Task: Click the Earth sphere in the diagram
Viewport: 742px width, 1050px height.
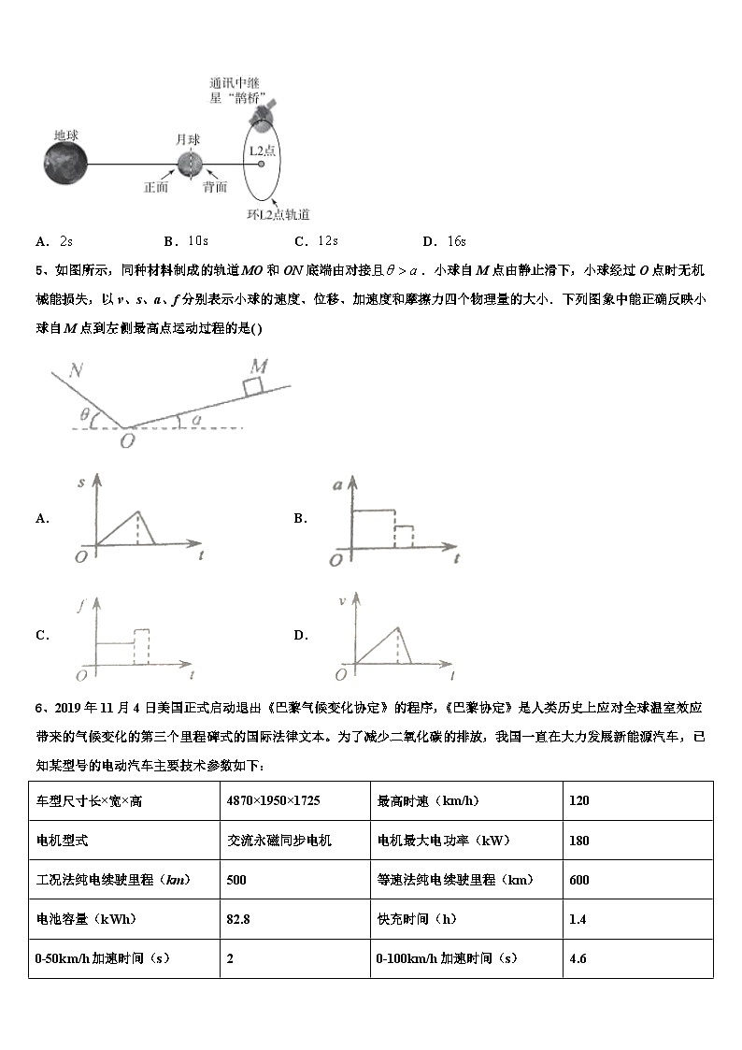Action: [x=65, y=163]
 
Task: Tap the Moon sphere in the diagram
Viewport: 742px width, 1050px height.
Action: [x=190, y=164]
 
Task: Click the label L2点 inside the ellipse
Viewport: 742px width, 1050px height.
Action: [x=262, y=150]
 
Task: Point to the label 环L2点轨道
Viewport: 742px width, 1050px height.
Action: [x=278, y=214]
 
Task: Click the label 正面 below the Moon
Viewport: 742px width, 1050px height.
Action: [x=156, y=187]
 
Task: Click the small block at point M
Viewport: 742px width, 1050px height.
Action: [x=253, y=386]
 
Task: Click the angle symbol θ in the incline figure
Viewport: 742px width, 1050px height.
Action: [x=84, y=414]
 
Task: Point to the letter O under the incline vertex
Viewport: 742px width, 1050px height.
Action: [x=125, y=439]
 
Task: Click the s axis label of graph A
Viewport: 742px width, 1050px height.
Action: [x=82, y=482]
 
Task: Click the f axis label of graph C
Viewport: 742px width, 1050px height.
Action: [x=81, y=605]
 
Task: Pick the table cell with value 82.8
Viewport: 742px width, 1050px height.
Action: [x=238, y=919]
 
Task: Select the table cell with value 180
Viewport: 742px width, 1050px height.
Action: [x=578, y=841]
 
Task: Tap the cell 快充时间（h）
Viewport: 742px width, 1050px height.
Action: [x=417, y=919]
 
